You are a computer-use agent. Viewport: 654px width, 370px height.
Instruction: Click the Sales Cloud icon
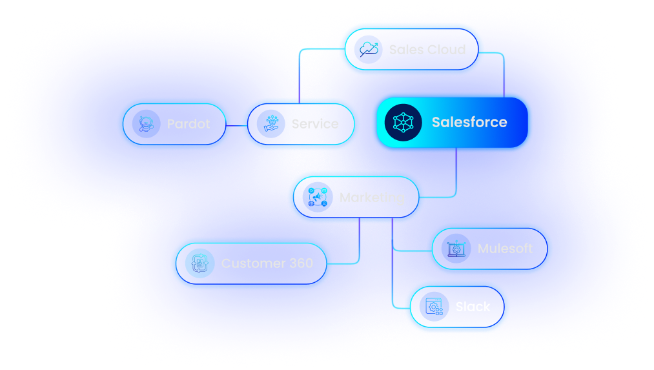[x=370, y=50]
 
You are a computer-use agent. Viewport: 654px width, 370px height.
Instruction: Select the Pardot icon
[x=146, y=124]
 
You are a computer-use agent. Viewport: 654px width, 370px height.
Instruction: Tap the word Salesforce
[x=469, y=123]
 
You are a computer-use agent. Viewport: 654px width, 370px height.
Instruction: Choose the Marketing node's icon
[x=318, y=198]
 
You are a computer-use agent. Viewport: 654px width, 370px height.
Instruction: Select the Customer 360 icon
[x=199, y=263]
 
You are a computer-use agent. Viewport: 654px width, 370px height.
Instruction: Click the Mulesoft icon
[x=456, y=249]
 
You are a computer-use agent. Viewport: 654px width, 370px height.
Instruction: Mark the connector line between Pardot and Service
[x=237, y=125]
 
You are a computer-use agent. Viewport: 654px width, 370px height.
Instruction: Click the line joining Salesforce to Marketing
[x=456, y=174]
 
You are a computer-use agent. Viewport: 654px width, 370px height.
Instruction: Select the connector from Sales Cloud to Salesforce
[x=503, y=71]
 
